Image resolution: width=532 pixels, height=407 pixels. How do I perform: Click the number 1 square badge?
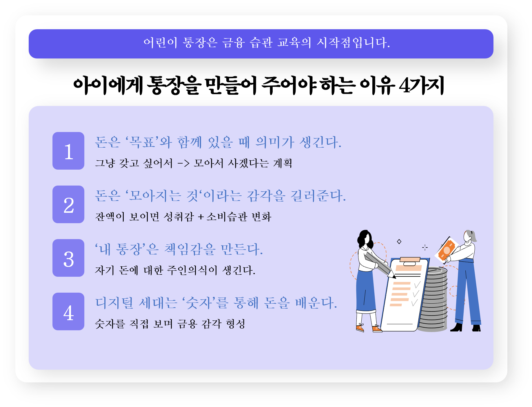pyautogui.click(x=68, y=151)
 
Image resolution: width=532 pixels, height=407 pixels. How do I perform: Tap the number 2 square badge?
pyautogui.click(x=68, y=204)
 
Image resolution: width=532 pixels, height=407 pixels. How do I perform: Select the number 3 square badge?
pyautogui.click(x=68, y=258)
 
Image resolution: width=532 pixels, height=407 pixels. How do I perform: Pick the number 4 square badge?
pyautogui.click(x=68, y=311)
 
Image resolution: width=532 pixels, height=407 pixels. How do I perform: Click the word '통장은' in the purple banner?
pyautogui.click(x=200, y=43)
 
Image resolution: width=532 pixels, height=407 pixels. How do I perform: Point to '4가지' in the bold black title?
pyautogui.click(x=422, y=86)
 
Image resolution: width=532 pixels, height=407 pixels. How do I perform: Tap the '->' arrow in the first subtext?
pyautogui.click(x=183, y=164)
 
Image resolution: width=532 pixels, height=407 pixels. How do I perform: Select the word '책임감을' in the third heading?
pyautogui.click(x=190, y=249)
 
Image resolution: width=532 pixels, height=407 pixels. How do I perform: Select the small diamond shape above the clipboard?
pyautogui.click(x=399, y=241)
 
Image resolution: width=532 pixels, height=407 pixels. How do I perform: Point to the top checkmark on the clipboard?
pyautogui.click(x=417, y=284)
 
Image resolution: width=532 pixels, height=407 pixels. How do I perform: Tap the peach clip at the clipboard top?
pyautogui.click(x=410, y=259)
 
